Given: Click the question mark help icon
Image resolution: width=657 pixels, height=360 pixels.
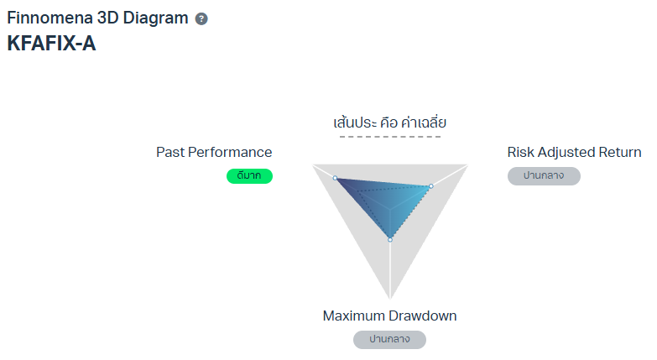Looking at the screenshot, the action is coord(201,18).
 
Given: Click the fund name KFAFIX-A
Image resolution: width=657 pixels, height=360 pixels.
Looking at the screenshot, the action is coord(51,43).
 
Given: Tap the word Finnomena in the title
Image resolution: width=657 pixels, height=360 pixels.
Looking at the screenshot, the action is coord(50,18).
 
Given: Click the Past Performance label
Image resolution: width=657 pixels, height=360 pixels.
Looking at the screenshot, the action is coord(214,152).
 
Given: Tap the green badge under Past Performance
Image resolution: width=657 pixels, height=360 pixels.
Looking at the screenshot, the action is coord(250,176).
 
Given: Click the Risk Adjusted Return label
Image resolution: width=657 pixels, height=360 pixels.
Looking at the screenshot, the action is coord(574,152).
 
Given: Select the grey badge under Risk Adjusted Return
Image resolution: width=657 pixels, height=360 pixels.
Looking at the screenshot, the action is coord(544,176).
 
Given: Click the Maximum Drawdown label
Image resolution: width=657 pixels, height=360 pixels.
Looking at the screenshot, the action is coord(389,316).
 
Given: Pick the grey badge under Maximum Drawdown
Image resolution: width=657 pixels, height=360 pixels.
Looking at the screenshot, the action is coord(389,340).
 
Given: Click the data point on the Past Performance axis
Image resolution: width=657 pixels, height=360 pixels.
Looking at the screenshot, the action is coord(335,178).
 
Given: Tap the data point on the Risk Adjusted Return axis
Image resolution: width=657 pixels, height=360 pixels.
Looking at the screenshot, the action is coord(431,186).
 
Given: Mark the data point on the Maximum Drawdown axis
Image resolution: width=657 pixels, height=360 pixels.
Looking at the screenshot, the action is coord(390,240).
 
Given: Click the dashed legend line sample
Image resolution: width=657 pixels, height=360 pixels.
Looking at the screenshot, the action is coord(390,137).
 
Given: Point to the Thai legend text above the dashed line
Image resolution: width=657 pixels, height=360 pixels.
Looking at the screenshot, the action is coord(389,123).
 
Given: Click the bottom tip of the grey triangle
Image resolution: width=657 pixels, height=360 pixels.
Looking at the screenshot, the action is coord(390,299).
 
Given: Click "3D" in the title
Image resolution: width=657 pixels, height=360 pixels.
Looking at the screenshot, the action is coord(107,18).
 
